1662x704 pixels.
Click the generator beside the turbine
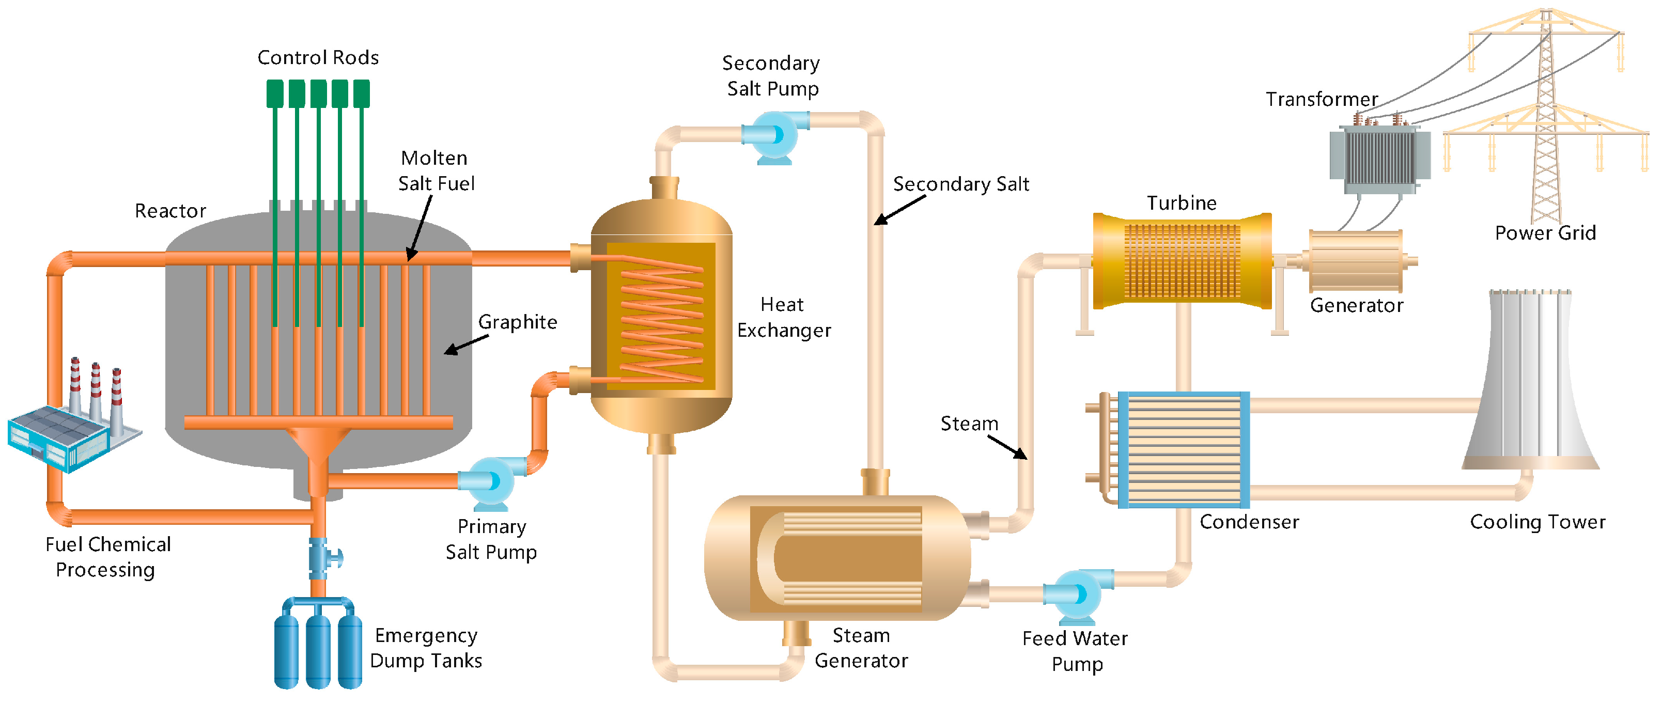[x=1356, y=261]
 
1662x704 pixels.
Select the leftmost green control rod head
[x=275, y=93]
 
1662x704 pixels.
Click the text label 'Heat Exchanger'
[x=783, y=318]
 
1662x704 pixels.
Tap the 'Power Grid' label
[x=1545, y=233]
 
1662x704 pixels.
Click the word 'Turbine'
[x=1182, y=204]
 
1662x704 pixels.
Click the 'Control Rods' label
[x=318, y=58]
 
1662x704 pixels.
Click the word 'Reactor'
[x=170, y=211]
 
